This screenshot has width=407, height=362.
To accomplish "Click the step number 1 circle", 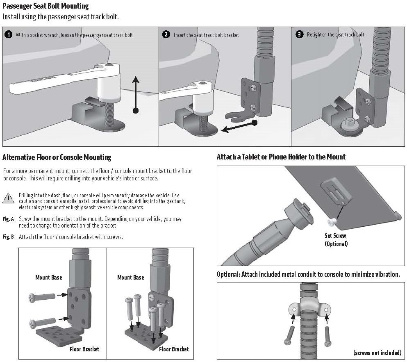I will click(8, 34).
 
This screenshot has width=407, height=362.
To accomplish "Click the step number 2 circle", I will click(166, 34).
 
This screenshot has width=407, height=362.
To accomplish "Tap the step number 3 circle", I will click(299, 34).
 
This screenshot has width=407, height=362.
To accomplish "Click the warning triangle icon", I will click(8, 198).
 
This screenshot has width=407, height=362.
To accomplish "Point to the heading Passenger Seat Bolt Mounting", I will click(45, 7).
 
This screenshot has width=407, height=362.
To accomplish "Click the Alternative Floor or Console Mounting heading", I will click(57, 157).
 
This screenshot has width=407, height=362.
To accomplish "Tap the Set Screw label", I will click(335, 236).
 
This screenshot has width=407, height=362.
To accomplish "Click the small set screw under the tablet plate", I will click(331, 222).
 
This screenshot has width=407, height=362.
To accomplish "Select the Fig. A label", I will click(8, 219).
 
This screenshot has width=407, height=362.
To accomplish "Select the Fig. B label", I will click(8, 237).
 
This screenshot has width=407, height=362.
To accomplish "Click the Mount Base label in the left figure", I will click(48, 278).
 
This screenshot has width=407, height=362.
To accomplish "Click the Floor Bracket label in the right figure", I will click(174, 349).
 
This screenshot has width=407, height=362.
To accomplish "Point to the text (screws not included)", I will click(376, 353).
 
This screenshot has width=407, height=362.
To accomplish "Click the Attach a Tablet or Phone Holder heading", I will click(281, 157).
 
